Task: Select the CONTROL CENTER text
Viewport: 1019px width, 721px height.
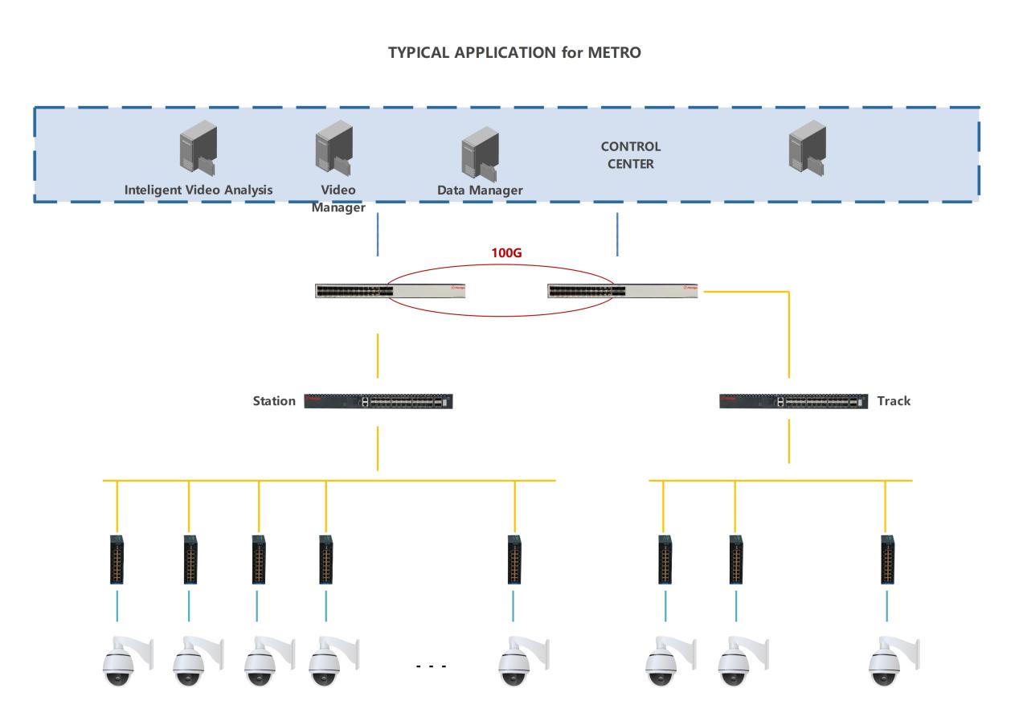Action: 631,156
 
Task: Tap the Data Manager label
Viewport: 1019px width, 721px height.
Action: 480,190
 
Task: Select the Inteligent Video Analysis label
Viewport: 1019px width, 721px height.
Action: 198,190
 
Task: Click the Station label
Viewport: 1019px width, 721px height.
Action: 275,400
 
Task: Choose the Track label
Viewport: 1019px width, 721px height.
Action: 894,400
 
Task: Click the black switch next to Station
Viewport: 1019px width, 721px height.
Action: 379,401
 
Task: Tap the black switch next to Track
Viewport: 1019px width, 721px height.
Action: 793,401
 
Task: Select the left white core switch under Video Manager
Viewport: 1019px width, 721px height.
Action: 391,289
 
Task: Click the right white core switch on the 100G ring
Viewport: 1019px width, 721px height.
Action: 622,289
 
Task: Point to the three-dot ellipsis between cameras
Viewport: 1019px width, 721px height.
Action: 431,666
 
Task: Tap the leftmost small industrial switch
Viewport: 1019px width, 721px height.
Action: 117,559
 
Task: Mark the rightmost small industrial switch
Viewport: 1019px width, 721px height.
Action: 886,559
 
